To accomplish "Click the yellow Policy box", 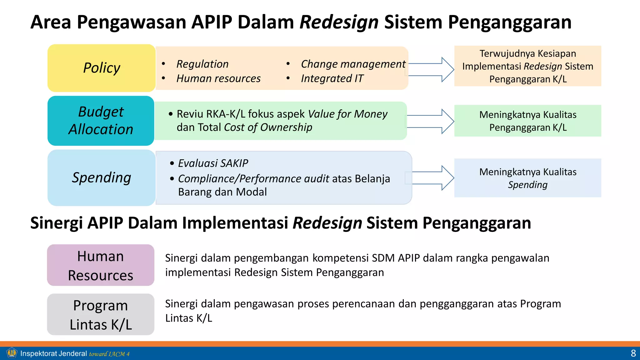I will pyautogui.click(x=101, y=68).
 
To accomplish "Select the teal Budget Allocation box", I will pyautogui.click(x=101, y=121).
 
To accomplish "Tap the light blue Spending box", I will pyautogui.click(x=101, y=177).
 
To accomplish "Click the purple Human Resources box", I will pyautogui.click(x=101, y=265).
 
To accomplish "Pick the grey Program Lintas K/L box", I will pyautogui.click(x=101, y=314).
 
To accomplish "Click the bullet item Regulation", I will pyautogui.click(x=202, y=64).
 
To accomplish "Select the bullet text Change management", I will pyautogui.click(x=353, y=64).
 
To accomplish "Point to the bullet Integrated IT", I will pyautogui.click(x=332, y=78).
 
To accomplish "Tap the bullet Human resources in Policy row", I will pyautogui.click(x=218, y=78).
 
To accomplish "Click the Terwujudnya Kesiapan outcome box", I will pyautogui.click(x=527, y=66).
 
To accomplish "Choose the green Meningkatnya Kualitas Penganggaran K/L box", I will pyautogui.click(x=527, y=121).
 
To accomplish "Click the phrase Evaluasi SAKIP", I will pyautogui.click(x=213, y=163).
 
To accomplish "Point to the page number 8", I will pyautogui.click(x=633, y=353).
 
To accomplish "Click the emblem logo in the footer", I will pyautogui.click(x=12, y=353).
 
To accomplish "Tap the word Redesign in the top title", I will pyautogui.click(x=339, y=22).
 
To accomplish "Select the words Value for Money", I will pyautogui.click(x=347, y=114).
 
